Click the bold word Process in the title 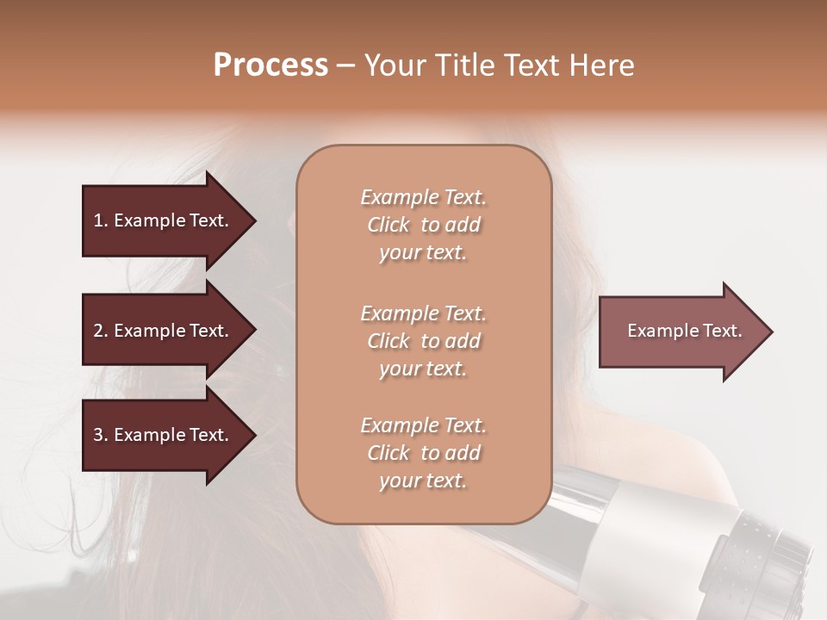270,65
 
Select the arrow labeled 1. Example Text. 164,220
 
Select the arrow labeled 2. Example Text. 164,331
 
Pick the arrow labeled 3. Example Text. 164,435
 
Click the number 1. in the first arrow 101,220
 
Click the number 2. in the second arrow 101,331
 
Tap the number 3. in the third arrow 101,435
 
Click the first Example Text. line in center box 423,197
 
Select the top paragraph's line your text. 423,252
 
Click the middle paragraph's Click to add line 423,341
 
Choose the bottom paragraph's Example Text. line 423,425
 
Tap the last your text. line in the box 423,480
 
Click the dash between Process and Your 345,65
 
